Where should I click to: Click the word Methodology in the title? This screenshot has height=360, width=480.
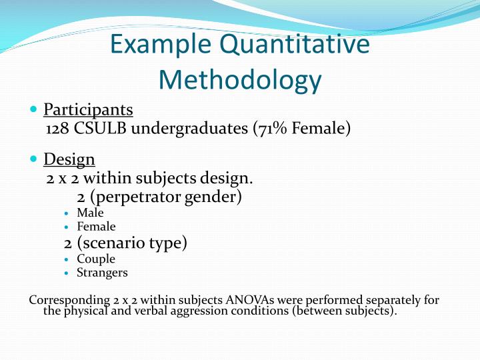coord(240,80)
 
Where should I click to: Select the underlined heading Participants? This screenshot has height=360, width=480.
coord(88,109)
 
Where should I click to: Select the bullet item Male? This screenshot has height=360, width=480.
coord(90,213)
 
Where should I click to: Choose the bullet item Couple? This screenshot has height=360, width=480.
coord(96,259)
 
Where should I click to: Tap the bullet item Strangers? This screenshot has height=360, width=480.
coord(102,273)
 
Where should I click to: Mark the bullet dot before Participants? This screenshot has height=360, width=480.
coord(34,109)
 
